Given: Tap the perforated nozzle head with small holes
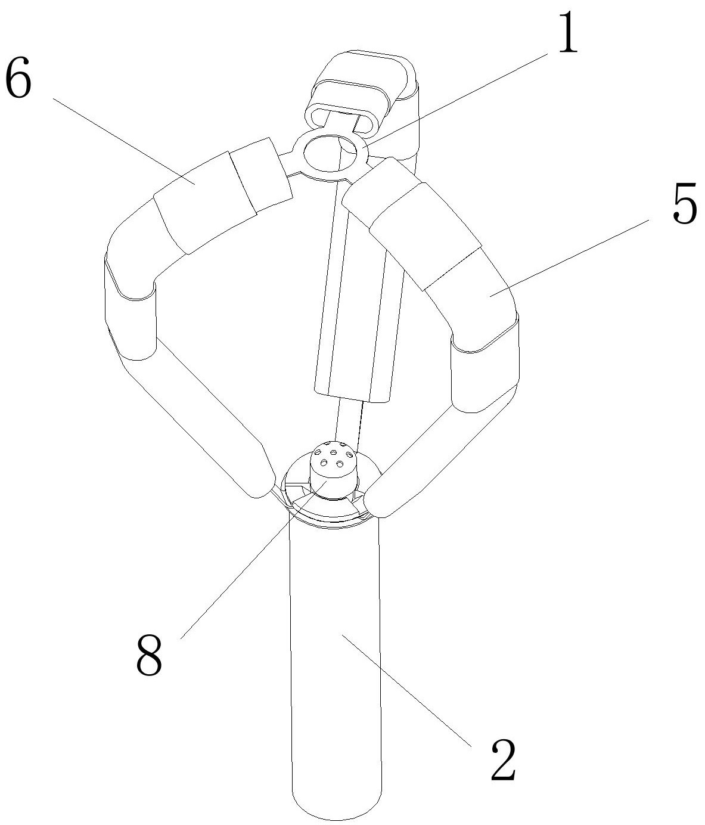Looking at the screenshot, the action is pyautogui.click(x=334, y=462).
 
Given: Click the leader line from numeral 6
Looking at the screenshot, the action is pyautogui.click(x=119, y=137).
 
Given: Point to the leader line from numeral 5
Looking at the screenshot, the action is pyautogui.click(x=572, y=256).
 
